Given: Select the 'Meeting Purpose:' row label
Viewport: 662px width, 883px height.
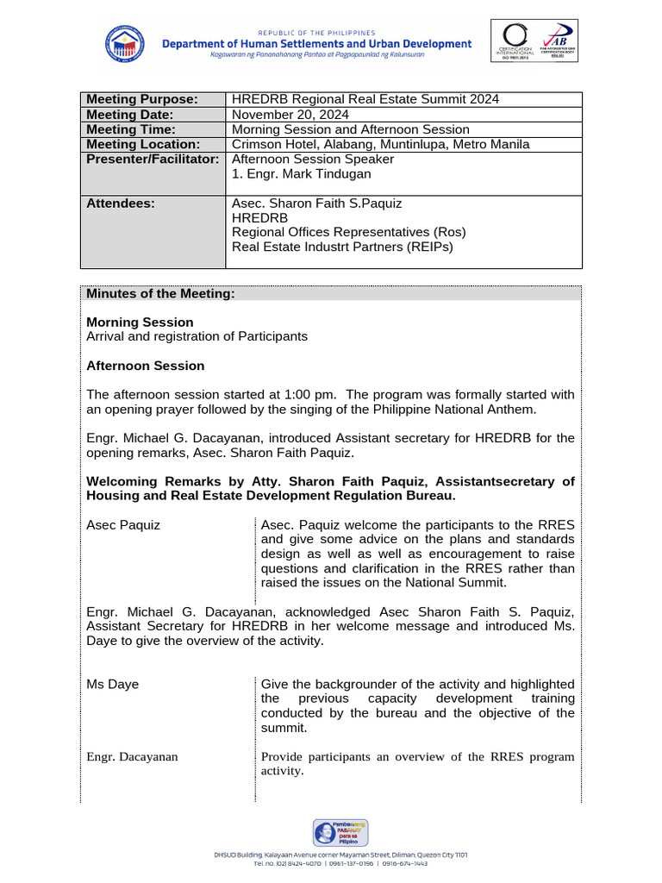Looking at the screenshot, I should tap(142, 99).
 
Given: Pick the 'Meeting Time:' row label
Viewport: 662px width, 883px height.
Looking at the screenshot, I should tap(130, 129).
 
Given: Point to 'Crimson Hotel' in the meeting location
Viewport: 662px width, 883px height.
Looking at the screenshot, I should tap(274, 144).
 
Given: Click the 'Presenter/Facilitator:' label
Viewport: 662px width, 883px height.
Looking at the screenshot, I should tap(153, 159).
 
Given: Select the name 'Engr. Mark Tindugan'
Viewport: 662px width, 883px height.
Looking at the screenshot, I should tap(302, 174).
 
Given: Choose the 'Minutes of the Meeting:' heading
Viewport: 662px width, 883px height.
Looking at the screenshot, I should tap(160, 294).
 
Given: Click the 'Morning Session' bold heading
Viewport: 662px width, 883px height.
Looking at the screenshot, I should tap(140, 322).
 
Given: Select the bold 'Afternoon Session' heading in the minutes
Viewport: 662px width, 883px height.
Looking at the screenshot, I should tap(146, 366).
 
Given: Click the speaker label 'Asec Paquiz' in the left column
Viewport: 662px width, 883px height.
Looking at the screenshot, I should tap(123, 525).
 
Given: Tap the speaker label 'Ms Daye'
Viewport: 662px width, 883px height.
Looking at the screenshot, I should tap(112, 684).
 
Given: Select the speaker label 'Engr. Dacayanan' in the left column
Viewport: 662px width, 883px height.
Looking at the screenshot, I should tap(132, 756).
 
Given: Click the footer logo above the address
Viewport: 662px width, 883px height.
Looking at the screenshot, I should tap(340, 833).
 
